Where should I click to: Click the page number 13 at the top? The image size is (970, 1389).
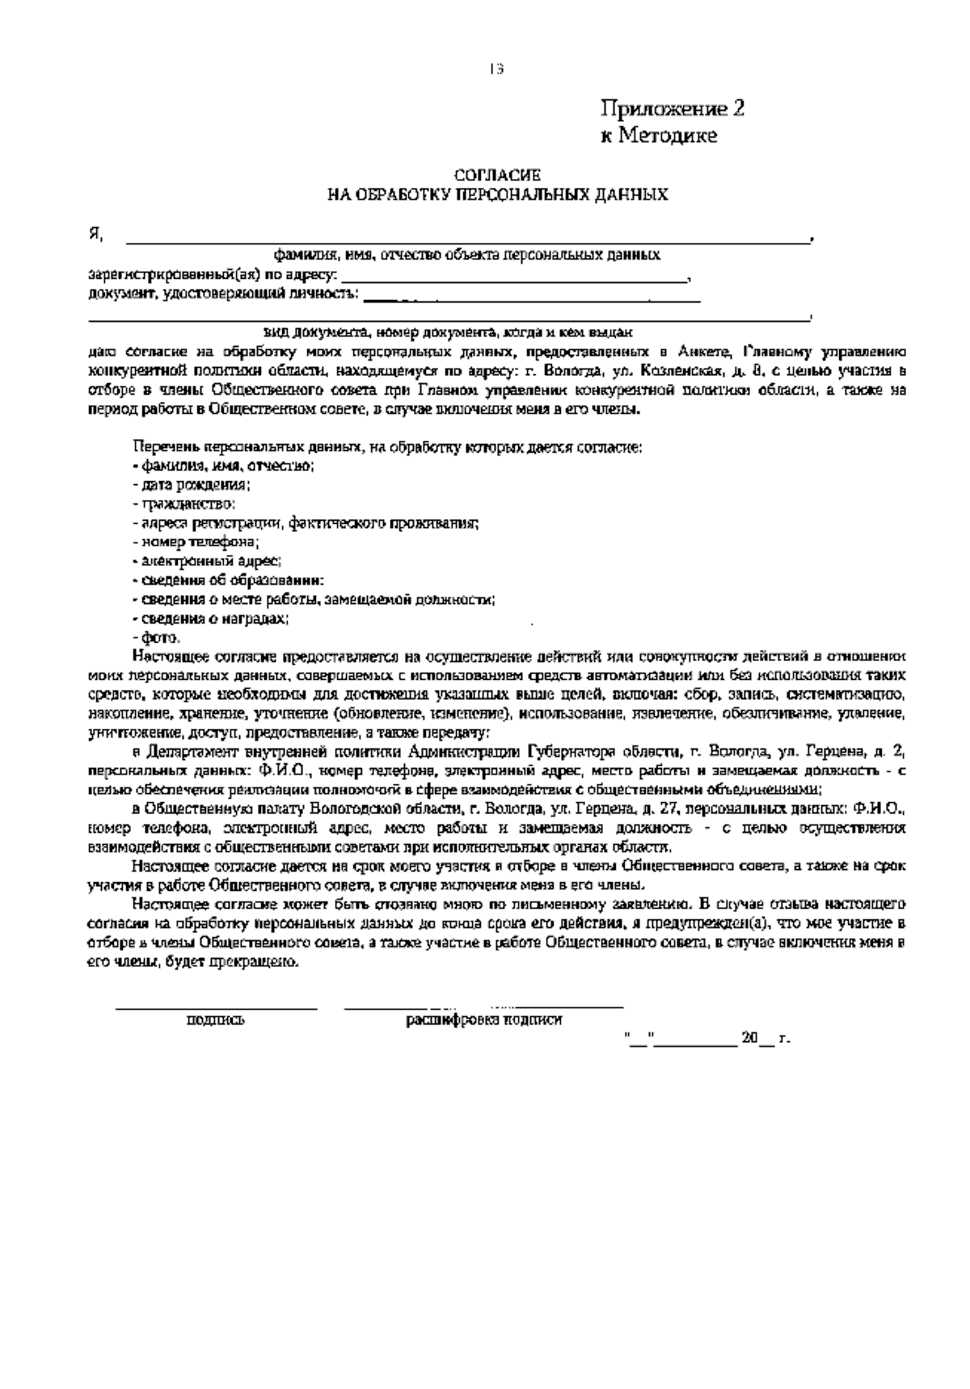(496, 70)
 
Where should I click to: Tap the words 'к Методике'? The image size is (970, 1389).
(658, 136)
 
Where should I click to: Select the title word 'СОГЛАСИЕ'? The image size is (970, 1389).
(496, 175)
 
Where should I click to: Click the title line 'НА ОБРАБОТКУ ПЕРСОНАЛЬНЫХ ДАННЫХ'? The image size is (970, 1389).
(496, 195)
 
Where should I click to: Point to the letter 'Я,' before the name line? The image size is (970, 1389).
(96, 235)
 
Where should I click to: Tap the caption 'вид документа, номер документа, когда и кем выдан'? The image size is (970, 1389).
(448, 332)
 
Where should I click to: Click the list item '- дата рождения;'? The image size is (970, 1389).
(191, 485)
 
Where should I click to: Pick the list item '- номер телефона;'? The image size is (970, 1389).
(195, 543)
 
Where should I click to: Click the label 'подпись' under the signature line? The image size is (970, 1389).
(216, 1021)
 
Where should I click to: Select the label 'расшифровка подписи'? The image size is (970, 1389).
(483, 1020)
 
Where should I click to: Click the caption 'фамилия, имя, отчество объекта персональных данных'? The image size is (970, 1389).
(466, 255)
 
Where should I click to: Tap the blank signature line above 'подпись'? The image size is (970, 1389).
(216, 1007)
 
